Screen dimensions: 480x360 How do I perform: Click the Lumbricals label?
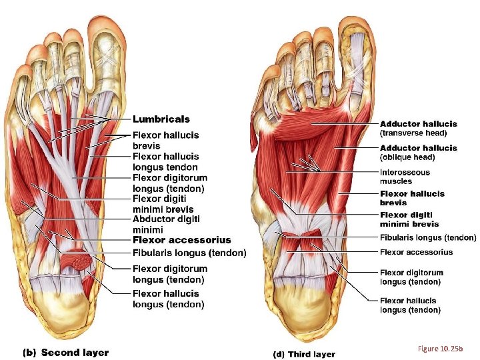pyautogui.click(x=161, y=119)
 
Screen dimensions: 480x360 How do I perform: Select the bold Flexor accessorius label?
pyautogui.click(x=181, y=240)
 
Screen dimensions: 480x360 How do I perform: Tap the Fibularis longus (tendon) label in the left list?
pyautogui.click(x=189, y=253)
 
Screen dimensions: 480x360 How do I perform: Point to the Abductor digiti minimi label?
pyautogui.click(x=166, y=224)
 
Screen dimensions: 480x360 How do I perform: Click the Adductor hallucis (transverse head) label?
pyautogui.click(x=418, y=128)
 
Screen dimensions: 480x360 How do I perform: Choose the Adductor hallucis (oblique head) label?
pyautogui.click(x=418, y=152)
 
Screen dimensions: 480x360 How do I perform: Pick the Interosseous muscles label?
pyautogui.click(x=405, y=177)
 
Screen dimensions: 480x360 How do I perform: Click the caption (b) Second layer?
pyautogui.click(x=66, y=352)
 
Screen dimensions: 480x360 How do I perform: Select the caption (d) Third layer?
pyautogui.click(x=304, y=354)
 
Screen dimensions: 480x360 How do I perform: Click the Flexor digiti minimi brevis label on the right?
pyautogui.click(x=409, y=219)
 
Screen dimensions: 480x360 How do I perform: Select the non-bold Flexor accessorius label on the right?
pyautogui.click(x=416, y=252)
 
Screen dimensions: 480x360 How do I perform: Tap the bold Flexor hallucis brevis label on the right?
pyautogui.click(x=411, y=198)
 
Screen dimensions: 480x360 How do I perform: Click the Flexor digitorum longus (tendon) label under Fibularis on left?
pyautogui.click(x=169, y=273)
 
